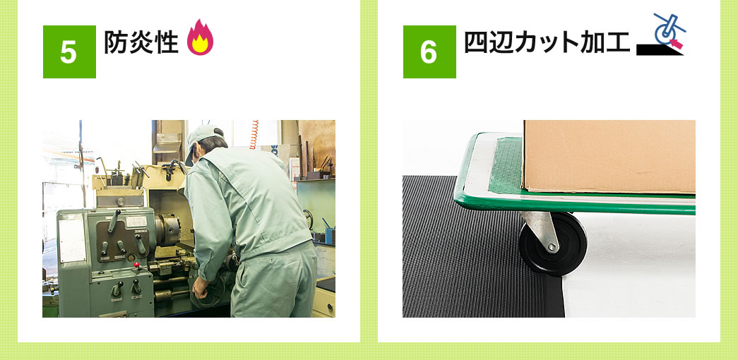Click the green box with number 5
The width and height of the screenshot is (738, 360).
point(69,52)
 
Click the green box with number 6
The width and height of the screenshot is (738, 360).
point(429,52)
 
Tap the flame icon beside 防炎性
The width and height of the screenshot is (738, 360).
point(200,37)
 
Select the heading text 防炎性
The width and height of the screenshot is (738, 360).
point(141,42)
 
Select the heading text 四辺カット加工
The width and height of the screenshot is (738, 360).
point(547,42)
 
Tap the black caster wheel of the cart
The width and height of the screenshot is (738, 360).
point(552,244)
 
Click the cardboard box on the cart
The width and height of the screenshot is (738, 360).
point(609,157)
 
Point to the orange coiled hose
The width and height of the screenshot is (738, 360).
point(254,135)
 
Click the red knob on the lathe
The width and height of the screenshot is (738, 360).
point(137,265)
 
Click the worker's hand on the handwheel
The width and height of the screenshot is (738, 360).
point(200,288)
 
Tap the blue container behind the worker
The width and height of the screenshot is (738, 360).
point(329,235)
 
